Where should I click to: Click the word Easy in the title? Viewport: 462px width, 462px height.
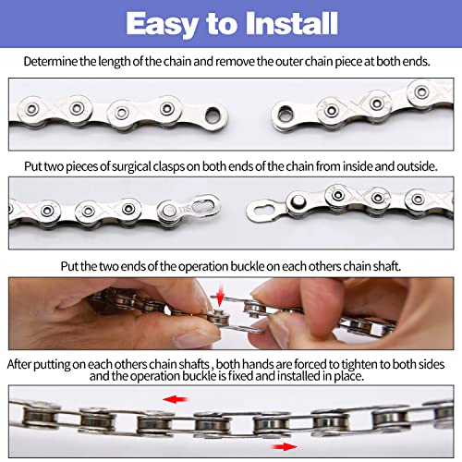[x=162, y=25]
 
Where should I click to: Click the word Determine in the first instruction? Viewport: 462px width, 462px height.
[x=51, y=62]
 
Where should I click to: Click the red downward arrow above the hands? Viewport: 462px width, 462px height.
[x=220, y=295]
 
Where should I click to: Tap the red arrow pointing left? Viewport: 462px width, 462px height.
[x=175, y=399]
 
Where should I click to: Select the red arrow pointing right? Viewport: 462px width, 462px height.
[x=285, y=446]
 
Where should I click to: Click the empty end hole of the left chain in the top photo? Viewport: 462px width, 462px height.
[x=212, y=115]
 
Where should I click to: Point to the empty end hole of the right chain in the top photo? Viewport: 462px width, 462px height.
[x=286, y=114]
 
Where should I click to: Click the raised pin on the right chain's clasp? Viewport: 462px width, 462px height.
[x=298, y=201]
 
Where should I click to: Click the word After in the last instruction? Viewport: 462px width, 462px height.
[x=19, y=364]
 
